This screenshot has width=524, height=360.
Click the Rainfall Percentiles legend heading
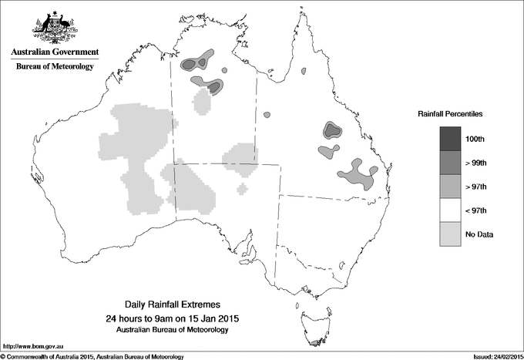pyautogui.click(x=450, y=113)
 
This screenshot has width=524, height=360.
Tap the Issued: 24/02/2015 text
pyautogui.click(x=492, y=356)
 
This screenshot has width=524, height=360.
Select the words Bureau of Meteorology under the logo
pyautogui.click(x=55, y=67)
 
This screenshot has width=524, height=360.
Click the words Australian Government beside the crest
pyautogui.click(x=55, y=52)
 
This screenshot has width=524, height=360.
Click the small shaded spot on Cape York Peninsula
pyautogui.click(x=304, y=72)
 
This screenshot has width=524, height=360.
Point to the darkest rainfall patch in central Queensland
pyautogui.click(x=332, y=130)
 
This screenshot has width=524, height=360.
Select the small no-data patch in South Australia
pyautogui.click(x=243, y=187)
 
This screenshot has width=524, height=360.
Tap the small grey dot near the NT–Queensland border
pyautogui.click(x=267, y=114)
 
